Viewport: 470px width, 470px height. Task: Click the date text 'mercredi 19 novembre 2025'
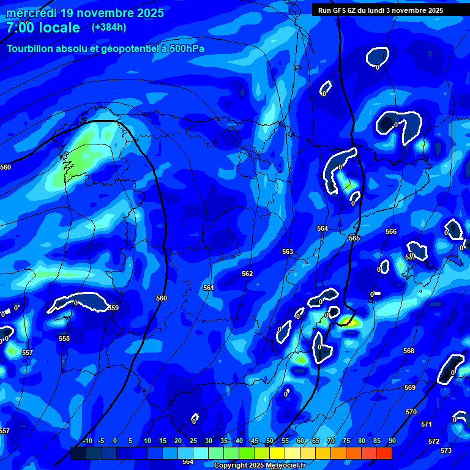[85, 13]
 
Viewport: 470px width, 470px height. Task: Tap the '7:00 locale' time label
[43, 28]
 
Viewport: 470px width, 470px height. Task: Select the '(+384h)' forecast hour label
[109, 27]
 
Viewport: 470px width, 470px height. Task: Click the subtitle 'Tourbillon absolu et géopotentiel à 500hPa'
[105, 49]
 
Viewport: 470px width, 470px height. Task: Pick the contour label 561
[209, 288]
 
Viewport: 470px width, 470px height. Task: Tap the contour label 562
[247, 274]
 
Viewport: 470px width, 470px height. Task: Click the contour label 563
[288, 252]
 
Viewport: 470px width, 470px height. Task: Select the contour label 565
[354, 238]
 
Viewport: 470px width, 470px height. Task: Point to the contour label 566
[391, 231]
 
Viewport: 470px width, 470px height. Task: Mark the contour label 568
[409, 351]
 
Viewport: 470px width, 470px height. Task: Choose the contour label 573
[446, 450]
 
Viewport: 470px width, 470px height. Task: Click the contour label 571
[427, 424]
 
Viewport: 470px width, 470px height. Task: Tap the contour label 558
[64, 338]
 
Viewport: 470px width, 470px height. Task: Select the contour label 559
[113, 308]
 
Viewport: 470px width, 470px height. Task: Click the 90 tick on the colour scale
[392, 441]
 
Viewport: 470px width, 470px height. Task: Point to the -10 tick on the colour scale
[87, 441]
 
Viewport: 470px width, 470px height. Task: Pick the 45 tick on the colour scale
[254, 441]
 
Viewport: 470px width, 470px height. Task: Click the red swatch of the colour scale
[384, 453]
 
